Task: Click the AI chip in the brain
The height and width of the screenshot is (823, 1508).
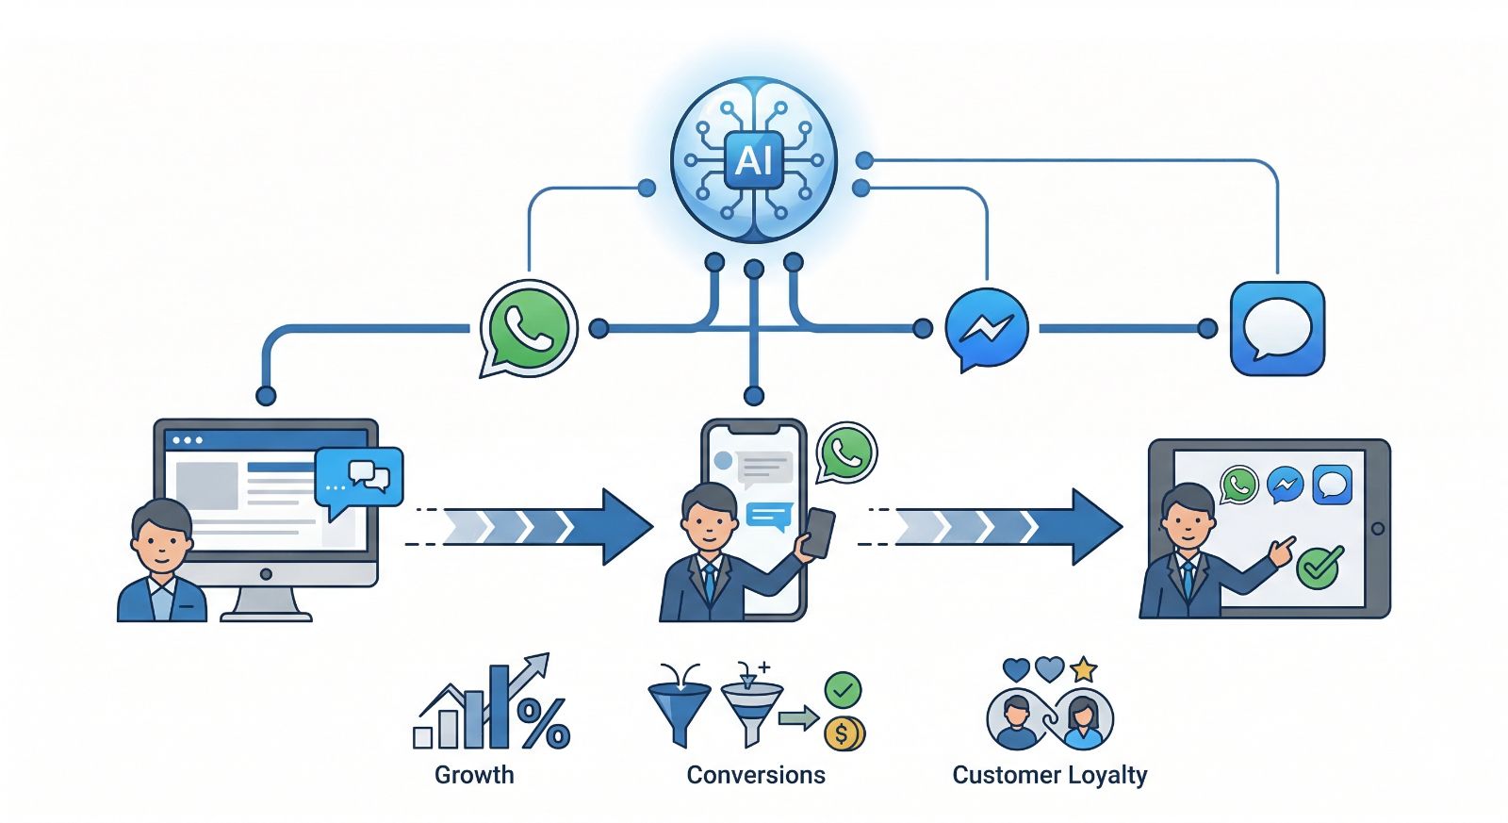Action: coord(753,160)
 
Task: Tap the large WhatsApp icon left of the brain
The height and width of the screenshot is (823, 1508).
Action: coord(527,328)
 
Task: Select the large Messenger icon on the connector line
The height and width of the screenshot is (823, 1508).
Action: coord(985,328)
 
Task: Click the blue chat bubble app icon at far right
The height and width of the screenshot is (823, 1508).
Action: coord(1277,328)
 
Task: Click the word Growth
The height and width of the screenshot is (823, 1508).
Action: coord(474,775)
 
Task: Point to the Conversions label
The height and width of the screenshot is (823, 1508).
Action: coord(755,775)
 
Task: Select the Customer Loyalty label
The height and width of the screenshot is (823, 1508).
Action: coord(1049,775)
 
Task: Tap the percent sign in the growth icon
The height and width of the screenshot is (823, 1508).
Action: coord(544,723)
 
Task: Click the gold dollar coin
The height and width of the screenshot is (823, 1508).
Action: coord(844,732)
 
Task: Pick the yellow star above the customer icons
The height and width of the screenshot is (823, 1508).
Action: coord(1084,669)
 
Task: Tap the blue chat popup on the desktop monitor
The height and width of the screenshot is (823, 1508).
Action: coord(359,478)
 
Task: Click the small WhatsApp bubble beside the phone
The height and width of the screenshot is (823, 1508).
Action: coord(846,453)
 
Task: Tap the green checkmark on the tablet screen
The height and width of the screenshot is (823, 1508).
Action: coord(1319,566)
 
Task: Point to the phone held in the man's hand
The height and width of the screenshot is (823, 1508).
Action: coord(818,533)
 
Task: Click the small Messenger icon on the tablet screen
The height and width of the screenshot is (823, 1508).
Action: coord(1285,486)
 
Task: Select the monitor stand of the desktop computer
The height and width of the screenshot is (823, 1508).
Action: coord(266,603)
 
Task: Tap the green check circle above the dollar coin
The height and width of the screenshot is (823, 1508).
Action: coord(843,690)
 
